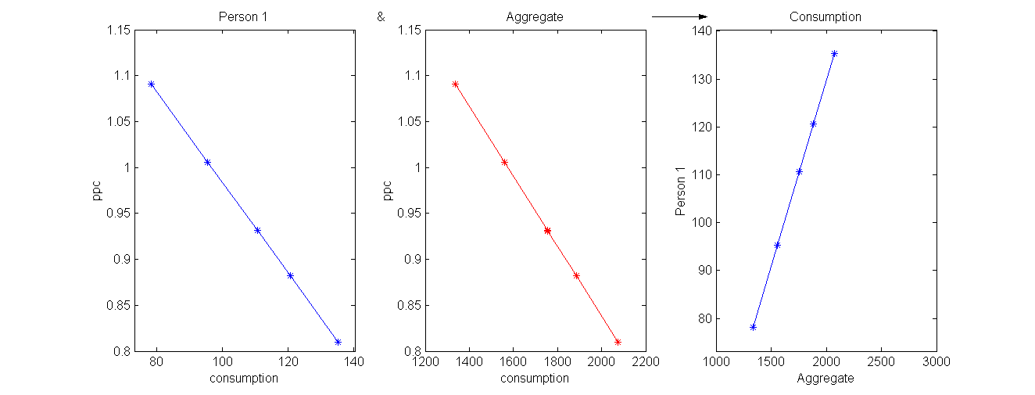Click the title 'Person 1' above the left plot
pos(244,16)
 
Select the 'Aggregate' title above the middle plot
pos(535,16)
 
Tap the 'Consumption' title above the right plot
pos(825,16)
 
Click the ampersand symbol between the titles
pos(381,16)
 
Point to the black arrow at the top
pos(679,16)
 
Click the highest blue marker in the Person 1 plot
pos(151,84)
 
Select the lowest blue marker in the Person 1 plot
pos(338,342)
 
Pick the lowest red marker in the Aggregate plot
pos(618,342)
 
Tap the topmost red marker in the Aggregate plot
pos(455,84)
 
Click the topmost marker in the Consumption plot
pos(834,54)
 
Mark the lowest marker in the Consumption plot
pos(753,327)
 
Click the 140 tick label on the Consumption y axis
pos(700,31)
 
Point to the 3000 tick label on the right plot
pos(936,362)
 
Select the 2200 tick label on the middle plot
pos(645,362)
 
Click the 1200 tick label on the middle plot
pos(425,362)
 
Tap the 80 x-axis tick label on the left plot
pos(156,362)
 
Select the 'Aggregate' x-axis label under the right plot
pos(825,379)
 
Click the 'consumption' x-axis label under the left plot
pos(244,379)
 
